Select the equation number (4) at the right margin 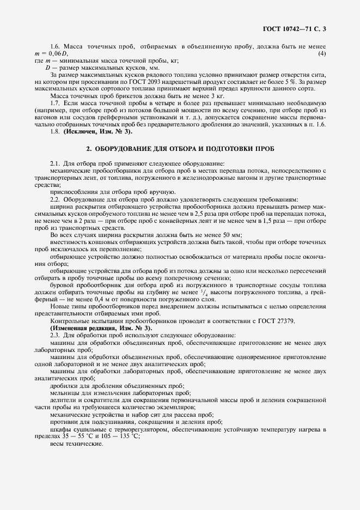coord(322,53)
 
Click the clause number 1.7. coord(55,103)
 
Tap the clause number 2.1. coord(55,163)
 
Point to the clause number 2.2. coord(55,199)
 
